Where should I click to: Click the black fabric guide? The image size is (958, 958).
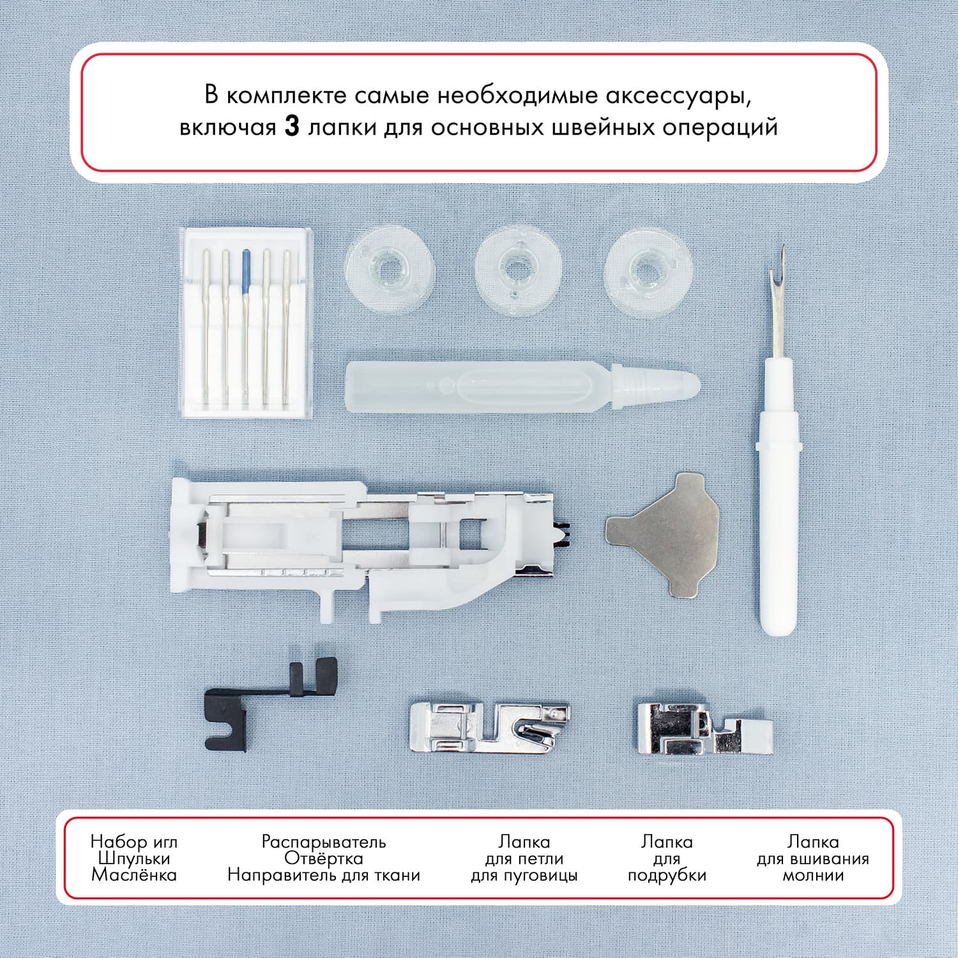[x=268, y=703]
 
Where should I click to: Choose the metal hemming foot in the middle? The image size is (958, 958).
[x=489, y=728]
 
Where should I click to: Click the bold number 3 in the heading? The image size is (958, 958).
[x=291, y=126]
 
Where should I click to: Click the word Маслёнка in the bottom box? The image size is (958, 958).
[x=133, y=874]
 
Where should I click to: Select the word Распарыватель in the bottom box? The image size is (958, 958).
[x=324, y=841]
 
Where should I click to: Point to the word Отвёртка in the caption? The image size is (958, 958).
[x=324, y=858]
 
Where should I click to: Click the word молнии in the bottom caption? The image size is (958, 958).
[x=813, y=874]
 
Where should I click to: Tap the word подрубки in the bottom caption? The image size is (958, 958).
[x=667, y=875]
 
